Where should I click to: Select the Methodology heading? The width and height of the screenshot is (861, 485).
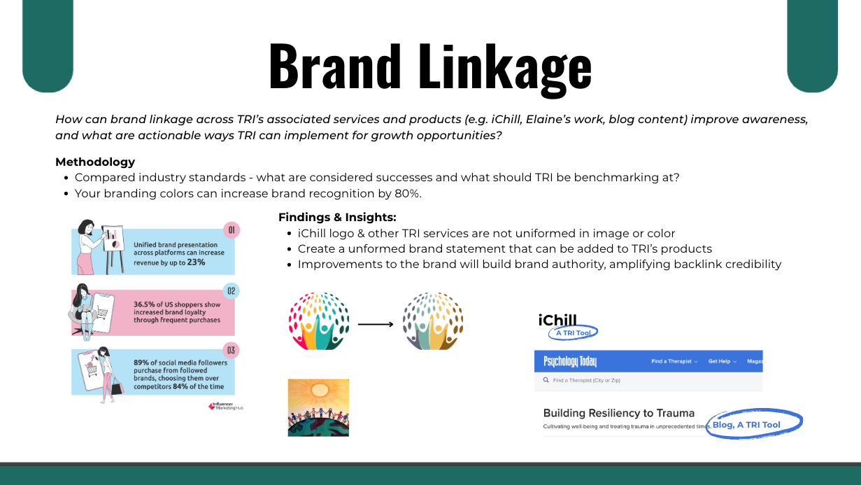tap(95, 162)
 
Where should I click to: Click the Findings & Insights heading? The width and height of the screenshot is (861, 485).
tap(337, 218)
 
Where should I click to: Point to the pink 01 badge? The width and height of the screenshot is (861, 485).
tap(232, 230)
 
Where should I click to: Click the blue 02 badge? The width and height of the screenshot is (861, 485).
tap(232, 290)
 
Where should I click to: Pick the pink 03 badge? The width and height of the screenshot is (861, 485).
tap(231, 351)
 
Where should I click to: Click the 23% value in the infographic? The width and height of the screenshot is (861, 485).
tap(196, 262)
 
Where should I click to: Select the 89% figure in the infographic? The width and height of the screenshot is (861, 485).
tap(141, 363)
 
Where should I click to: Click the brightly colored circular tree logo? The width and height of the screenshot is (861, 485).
tap(319, 321)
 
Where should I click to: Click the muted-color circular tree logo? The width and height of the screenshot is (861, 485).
tap(433, 321)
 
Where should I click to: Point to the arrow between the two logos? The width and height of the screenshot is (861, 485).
tap(376, 324)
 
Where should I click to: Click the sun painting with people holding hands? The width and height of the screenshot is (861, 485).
tap(318, 408)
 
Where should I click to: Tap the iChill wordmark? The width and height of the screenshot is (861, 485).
tap(557, 320)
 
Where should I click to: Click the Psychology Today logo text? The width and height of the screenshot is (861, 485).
tap(570, 361)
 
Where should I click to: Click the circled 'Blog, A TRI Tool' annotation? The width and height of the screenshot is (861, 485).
tap(754, 424)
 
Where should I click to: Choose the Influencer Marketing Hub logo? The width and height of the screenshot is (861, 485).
tap(226, 406)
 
